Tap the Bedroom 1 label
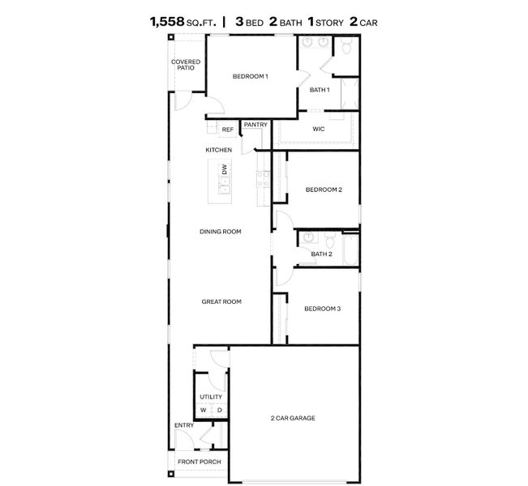coord(250,76)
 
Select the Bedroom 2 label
coord(324,190)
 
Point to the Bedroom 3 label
coord(322,309)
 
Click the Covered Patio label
coord(186,65)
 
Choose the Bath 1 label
coord(319,89)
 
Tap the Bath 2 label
coord(322,254)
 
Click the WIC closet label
coord(319,129)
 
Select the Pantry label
coord(255,125)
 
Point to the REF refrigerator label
coord(227,130)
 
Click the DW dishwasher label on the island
coord(225,170)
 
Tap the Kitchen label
coord(218,150)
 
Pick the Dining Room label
coord(221,232)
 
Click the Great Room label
coord(221,301)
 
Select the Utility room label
coord(211,397)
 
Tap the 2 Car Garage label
coord(293,418)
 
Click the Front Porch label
coord(200,462)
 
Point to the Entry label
coord(184,425)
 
